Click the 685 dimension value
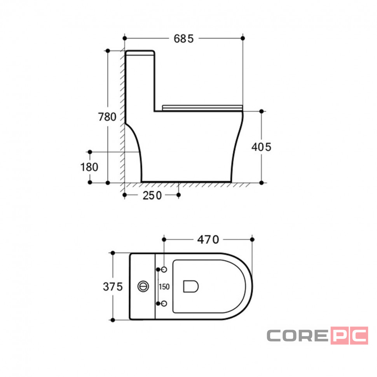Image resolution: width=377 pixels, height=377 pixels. coord(184,39)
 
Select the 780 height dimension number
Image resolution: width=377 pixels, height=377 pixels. coord(107,117)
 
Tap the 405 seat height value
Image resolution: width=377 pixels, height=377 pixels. coord(261,147)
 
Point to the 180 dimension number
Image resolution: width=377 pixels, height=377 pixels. coord(89,167)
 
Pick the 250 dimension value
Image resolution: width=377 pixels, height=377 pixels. coord(152,196)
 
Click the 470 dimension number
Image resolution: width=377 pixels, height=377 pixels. coord(208,239)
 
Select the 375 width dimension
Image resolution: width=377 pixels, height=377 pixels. coord(113,286)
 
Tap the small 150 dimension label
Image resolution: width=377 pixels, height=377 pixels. coord(164,286)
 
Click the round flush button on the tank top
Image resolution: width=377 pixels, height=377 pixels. coord(143,286)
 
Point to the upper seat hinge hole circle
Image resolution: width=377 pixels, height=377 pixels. coord(164,269)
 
